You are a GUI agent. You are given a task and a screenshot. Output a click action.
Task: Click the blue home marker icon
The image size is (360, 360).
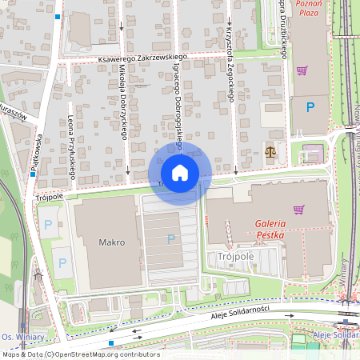point(180,173)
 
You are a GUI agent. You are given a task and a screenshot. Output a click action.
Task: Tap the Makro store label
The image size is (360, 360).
point(111,241)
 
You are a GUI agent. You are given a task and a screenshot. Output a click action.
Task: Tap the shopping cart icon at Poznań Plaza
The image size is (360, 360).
point(302,70)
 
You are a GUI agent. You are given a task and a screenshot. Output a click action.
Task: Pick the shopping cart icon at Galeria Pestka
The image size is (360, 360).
point(298,210)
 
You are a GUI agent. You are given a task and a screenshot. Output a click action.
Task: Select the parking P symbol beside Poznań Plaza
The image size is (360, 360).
point(310,106)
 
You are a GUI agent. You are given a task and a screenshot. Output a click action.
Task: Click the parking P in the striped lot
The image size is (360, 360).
point(170,238)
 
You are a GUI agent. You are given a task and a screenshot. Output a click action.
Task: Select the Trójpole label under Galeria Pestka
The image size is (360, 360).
point(233,255)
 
